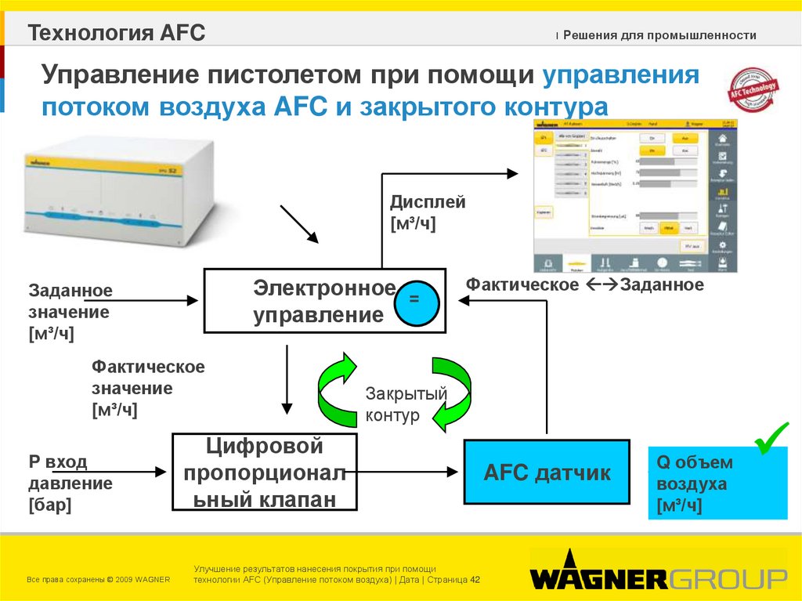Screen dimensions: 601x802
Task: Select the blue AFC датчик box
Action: point(547,472)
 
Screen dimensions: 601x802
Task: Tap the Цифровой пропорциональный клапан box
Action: point(265,472)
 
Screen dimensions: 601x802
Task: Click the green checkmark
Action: point(771,440)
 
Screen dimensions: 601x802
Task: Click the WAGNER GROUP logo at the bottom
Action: point(658,577)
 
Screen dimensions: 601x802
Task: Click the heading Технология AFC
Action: point(117,33)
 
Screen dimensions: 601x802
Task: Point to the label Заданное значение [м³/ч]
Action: point(70,312)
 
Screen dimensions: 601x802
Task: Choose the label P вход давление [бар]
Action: point(70,483)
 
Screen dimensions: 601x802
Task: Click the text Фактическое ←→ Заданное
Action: point(584,285)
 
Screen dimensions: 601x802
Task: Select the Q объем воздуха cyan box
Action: point(717,483)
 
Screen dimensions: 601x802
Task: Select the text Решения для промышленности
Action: point(659,35)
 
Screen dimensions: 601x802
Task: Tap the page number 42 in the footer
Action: point(475,580)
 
